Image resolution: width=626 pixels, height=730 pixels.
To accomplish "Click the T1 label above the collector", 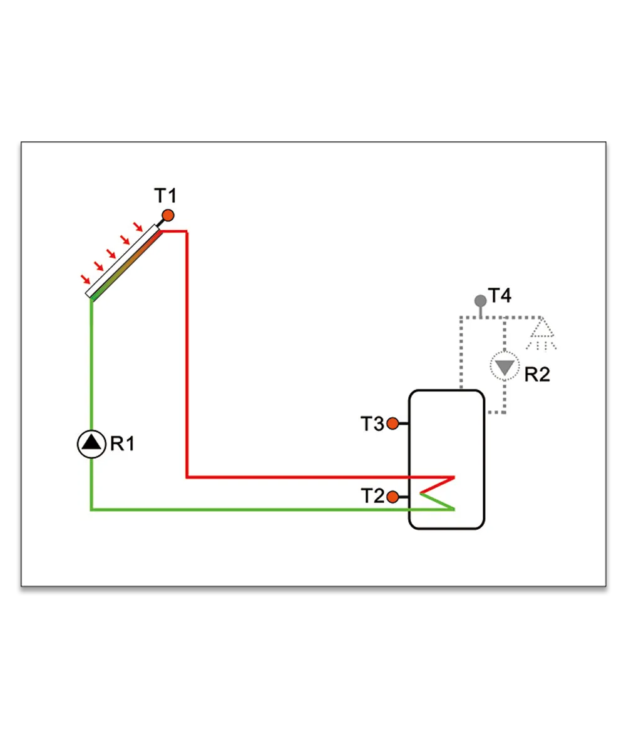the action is coord(165,196).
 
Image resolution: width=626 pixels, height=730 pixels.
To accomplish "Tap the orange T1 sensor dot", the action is coord(168,216).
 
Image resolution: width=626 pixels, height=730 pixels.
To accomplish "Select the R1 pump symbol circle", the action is coord(91,444).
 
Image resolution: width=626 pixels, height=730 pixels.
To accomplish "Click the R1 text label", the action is coord(122,444).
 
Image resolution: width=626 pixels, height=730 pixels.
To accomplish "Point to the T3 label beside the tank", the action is coord(372,423).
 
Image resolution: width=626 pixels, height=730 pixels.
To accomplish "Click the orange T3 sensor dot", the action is coord(393,423).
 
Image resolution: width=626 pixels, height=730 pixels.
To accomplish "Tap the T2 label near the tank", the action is coord(372,496).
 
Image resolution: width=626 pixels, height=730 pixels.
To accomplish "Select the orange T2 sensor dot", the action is coord(393,497).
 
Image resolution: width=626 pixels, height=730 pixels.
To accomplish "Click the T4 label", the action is coord(500,295).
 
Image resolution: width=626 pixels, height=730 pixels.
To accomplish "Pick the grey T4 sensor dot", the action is coord(481,301).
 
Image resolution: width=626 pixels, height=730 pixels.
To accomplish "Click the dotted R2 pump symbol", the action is coord(505,367).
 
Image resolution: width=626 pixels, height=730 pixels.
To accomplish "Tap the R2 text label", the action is coord(537,374).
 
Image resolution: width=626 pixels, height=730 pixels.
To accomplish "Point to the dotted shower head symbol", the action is coord(541,333).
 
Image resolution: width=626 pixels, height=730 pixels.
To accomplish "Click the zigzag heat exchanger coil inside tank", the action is coord(437,494).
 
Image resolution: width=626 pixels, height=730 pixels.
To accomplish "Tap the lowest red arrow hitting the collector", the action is coord(86,280).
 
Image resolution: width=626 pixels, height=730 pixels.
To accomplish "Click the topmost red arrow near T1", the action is coord(138,226).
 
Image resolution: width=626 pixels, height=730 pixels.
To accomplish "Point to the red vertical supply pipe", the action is coord(187,354).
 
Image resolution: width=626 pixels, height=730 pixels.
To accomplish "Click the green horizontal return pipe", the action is coord(272,509).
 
